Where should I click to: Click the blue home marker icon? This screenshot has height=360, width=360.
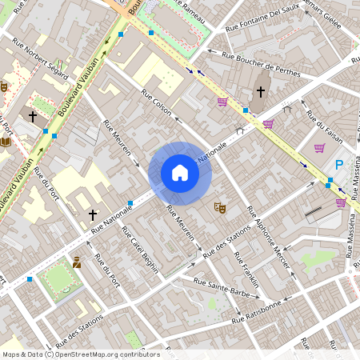pyautogui.click(x=180, y=173)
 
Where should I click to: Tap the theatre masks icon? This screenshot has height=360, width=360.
pyautogui.click(x=219, y=208)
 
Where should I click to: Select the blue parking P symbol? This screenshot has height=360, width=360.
pyautogui.click(x=338, y=165)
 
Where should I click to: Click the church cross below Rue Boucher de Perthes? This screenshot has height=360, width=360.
pyautogui.click(x=260, y=92)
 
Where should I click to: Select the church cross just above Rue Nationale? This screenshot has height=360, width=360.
pyautogui.click(x=93, y=215)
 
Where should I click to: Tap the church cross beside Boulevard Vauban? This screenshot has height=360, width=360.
pyautogui.click(x=32, y=117)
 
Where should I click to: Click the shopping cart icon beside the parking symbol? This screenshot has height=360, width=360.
pyautogui.click(x=319, y=148)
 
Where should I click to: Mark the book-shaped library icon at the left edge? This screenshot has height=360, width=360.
pyautogui.click(x=6, y=141)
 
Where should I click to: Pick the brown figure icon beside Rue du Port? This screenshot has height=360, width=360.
pyautogui.click(x=77, y=262)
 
